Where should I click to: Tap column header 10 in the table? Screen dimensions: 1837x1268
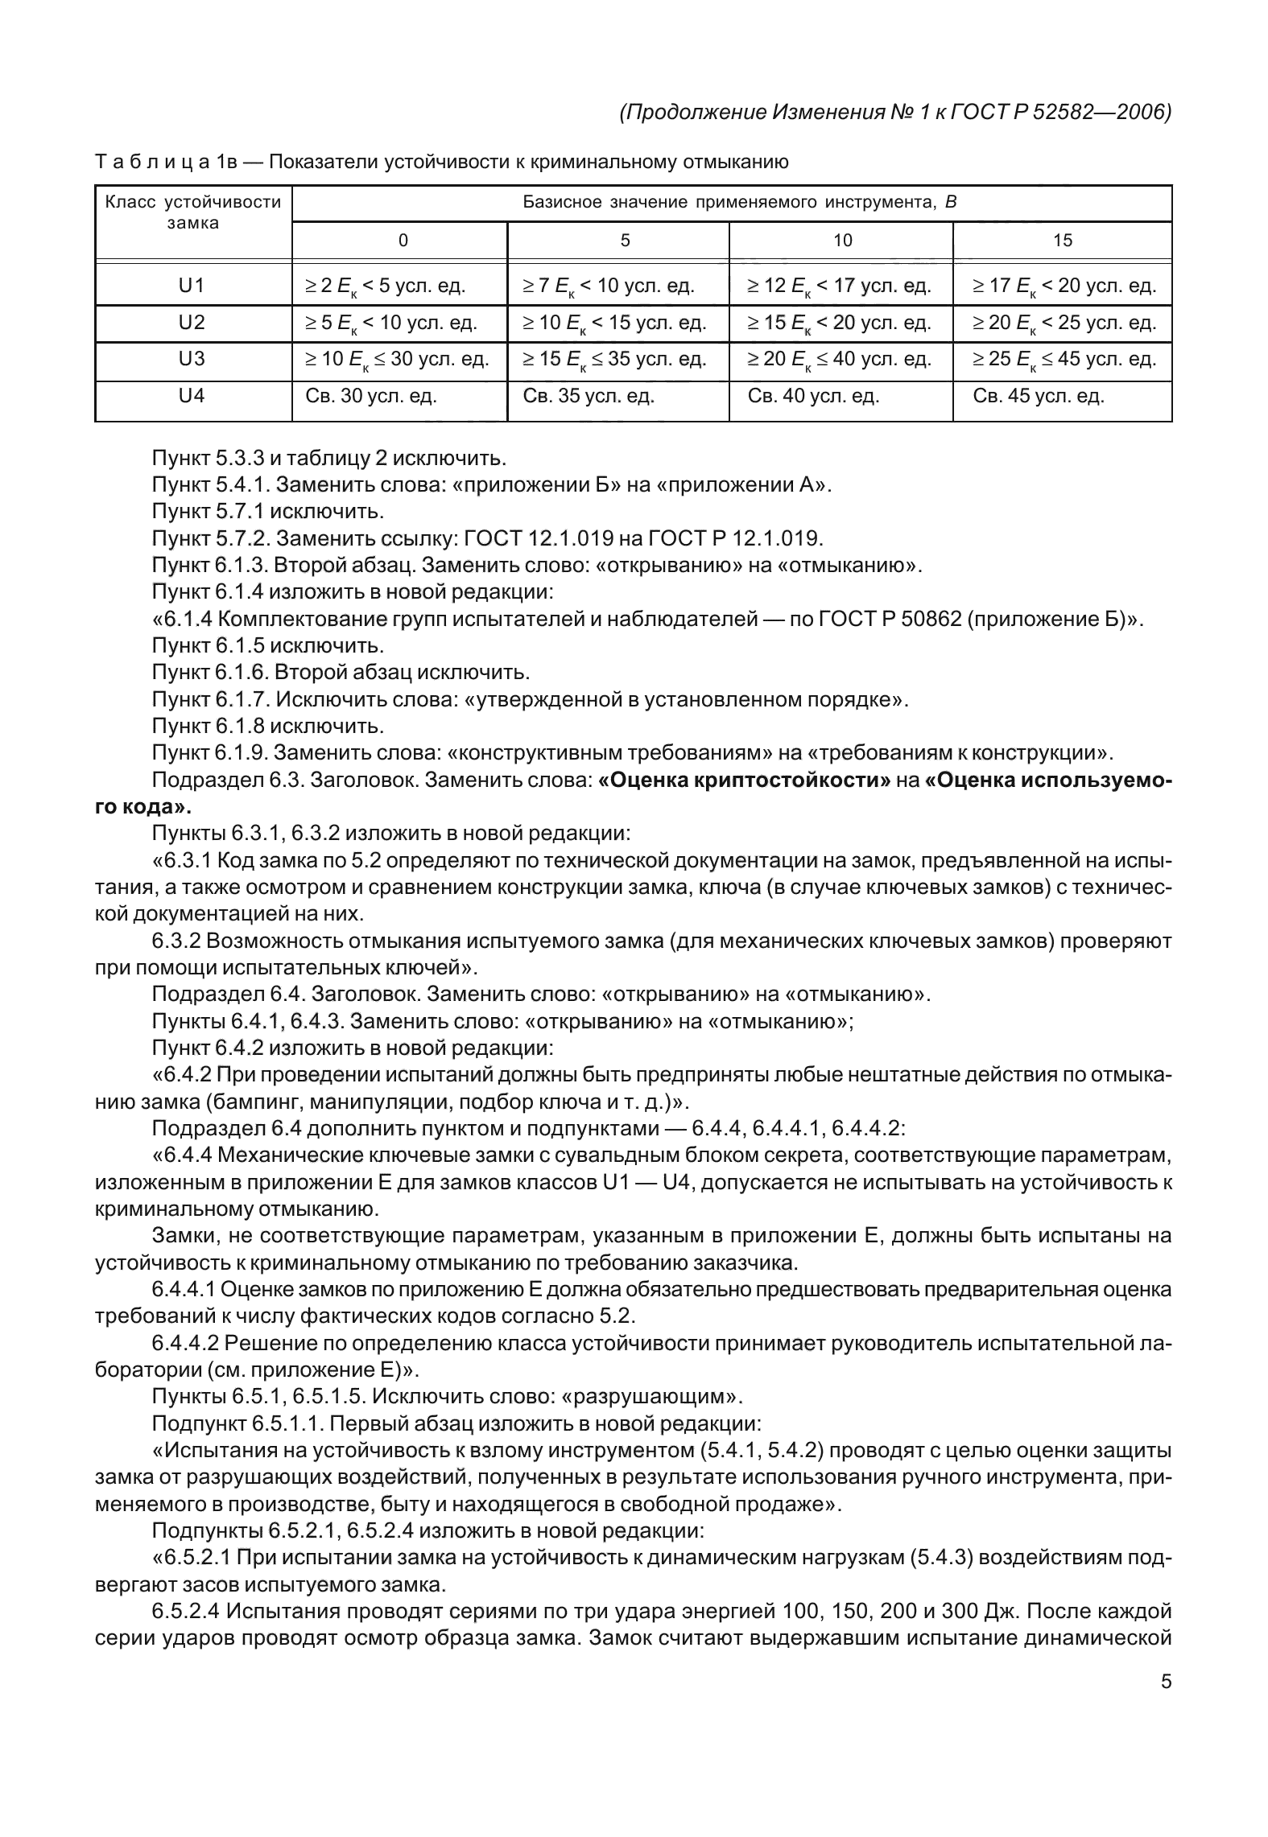(842, 241)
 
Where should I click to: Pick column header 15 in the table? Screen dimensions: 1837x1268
(1063, 241)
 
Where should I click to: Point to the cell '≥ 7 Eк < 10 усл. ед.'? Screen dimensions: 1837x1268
(608, 286)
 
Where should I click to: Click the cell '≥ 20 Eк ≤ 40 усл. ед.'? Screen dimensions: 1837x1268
(840, 359)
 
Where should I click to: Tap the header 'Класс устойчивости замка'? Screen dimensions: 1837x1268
(193, 212)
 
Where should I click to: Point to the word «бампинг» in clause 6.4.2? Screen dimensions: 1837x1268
(257, 1102)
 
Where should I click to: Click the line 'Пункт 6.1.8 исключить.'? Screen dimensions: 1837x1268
(267, 727)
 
